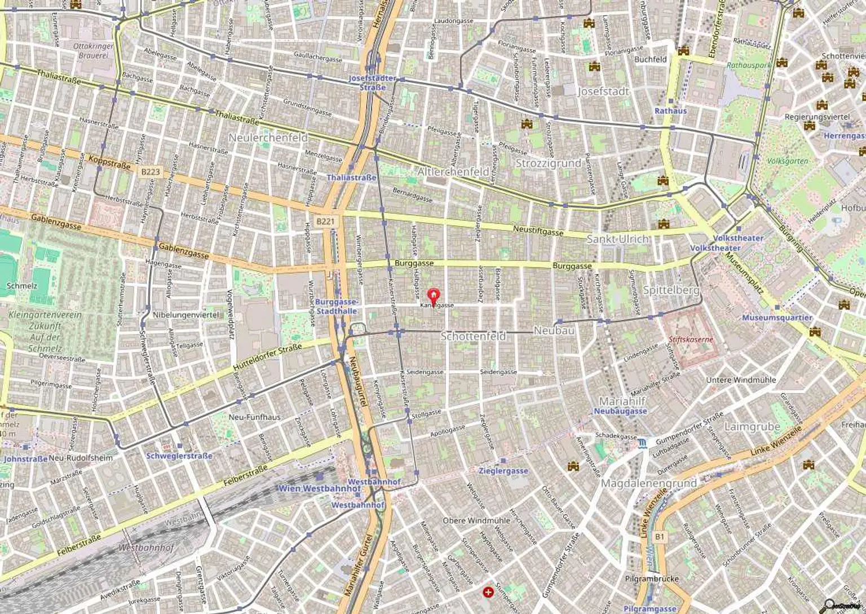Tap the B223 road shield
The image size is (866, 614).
point(151,172)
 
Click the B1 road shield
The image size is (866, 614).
point(660,537)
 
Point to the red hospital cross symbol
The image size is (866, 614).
point(488,592)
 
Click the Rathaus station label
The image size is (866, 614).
point(670,111)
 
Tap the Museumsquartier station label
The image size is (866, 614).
point(777,317)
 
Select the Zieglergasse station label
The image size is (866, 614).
point(503,471)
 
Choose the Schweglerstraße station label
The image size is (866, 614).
point(179,456)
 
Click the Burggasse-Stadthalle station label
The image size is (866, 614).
point(336,306)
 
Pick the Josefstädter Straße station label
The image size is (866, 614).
point(372,82)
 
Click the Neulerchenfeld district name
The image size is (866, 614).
point(268,138)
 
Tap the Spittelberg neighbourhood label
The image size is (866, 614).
point(671,290)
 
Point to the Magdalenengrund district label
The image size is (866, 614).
point(648,483)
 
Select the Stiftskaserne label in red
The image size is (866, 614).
point(691,339)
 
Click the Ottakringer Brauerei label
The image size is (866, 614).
point(93,51)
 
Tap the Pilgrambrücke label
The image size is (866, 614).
point(652,579)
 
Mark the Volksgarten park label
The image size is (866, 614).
point(787,161)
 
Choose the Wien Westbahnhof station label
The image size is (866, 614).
point(319,488)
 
